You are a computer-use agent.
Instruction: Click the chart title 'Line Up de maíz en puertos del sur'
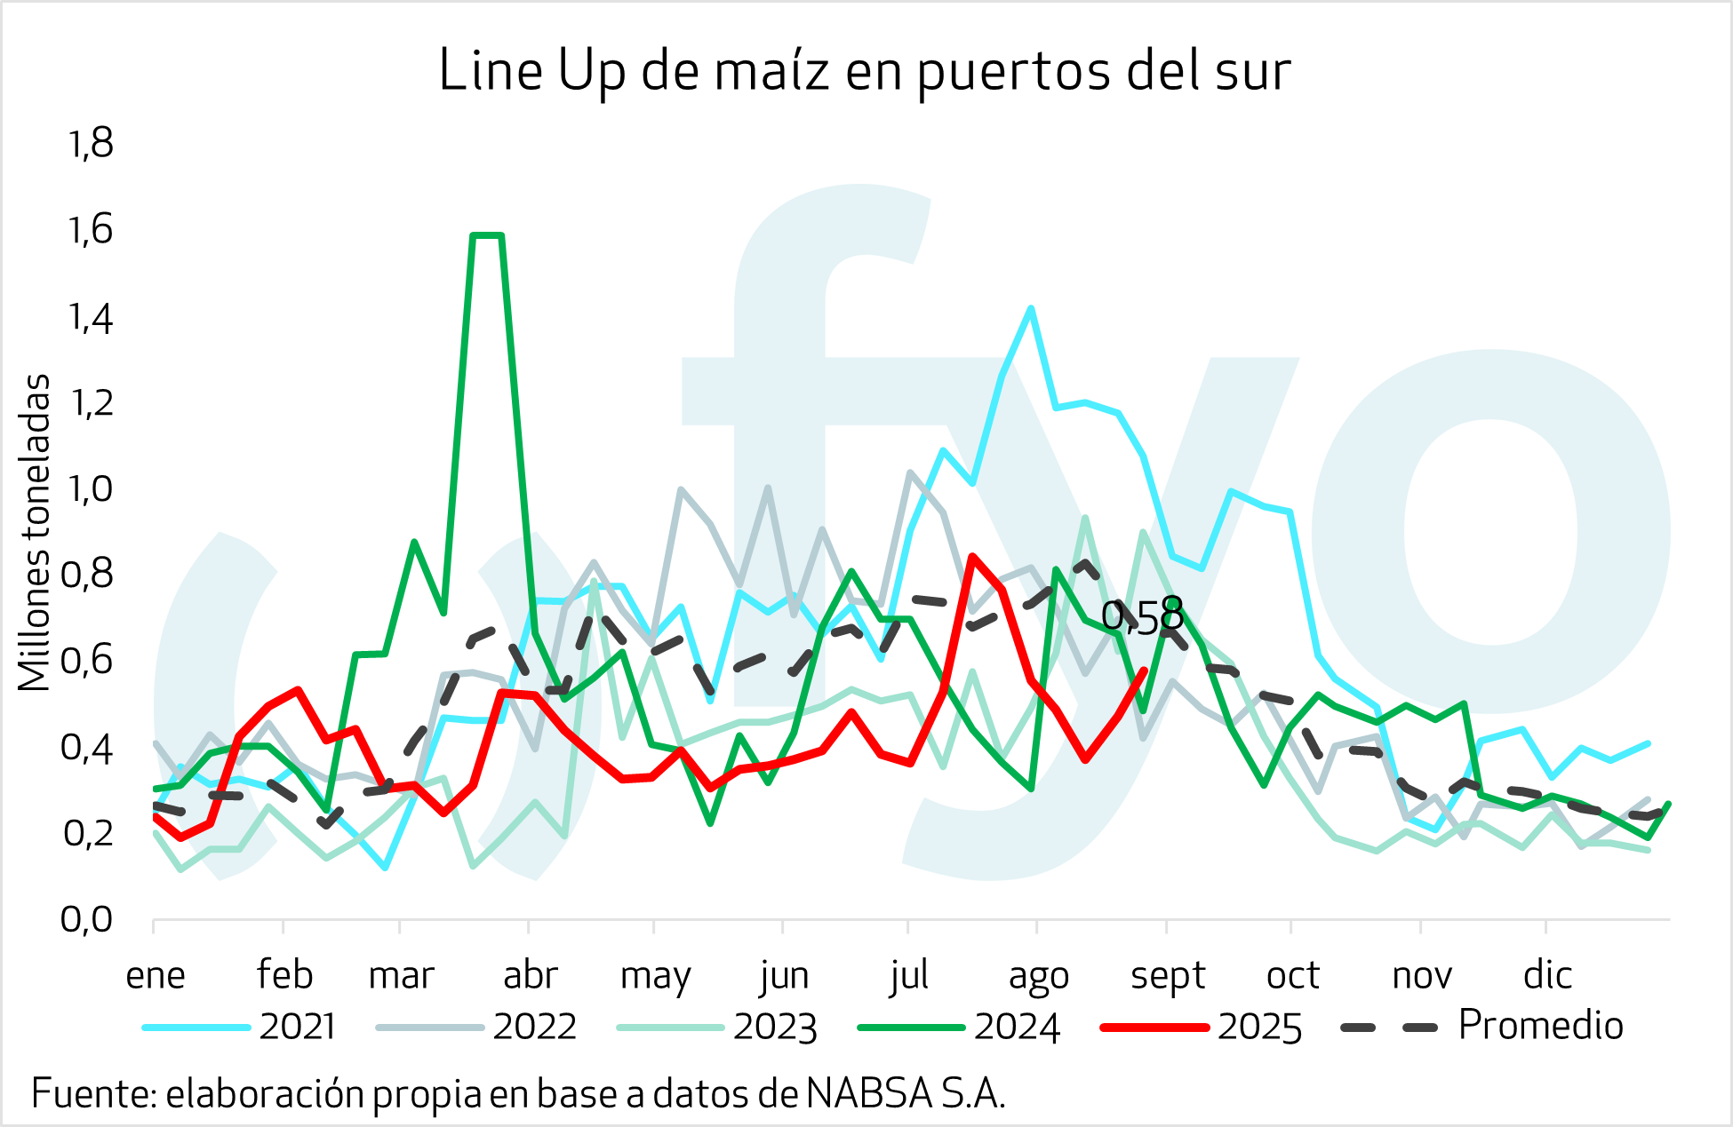tap(864, 71)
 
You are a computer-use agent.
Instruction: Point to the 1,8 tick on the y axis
tap(91, 144)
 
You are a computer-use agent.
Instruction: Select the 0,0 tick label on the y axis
tap(87, 919)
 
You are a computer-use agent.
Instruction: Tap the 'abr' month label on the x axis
tap(530, 975)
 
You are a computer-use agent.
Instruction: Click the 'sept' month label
tap(1167, 975)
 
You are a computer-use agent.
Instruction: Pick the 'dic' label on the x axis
tap(1547, 975)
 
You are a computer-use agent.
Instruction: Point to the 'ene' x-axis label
tap(156, 975)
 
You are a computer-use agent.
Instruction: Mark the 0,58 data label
tap(1142, 617)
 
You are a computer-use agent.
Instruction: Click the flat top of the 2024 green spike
tap(487, 235)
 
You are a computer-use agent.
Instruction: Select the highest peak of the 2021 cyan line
tap(1031, 308)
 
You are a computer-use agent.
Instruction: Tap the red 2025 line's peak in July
tap(973, 557)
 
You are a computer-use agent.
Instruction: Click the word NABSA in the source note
tap(869, 1093)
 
